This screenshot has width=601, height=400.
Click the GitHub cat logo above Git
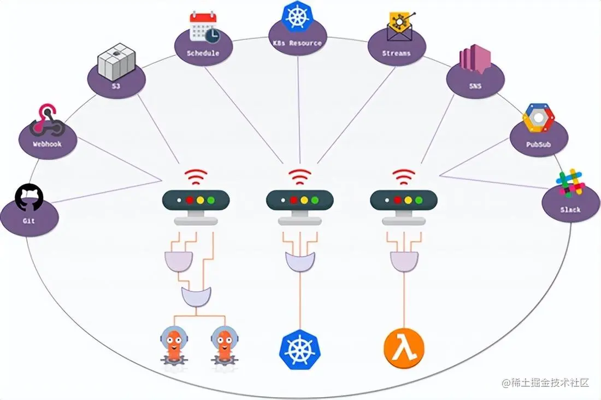28,198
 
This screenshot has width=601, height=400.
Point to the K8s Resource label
297,43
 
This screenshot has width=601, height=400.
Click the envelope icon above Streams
399,28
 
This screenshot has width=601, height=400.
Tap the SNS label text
475,86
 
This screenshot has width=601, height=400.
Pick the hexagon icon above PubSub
539,119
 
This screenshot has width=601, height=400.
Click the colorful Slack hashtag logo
570,183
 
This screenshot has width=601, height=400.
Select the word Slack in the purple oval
570,209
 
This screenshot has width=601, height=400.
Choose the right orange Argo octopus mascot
224,345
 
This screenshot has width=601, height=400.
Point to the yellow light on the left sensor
201,199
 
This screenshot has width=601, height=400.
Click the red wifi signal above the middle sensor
299,177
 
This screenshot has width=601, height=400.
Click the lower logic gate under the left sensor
196,297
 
